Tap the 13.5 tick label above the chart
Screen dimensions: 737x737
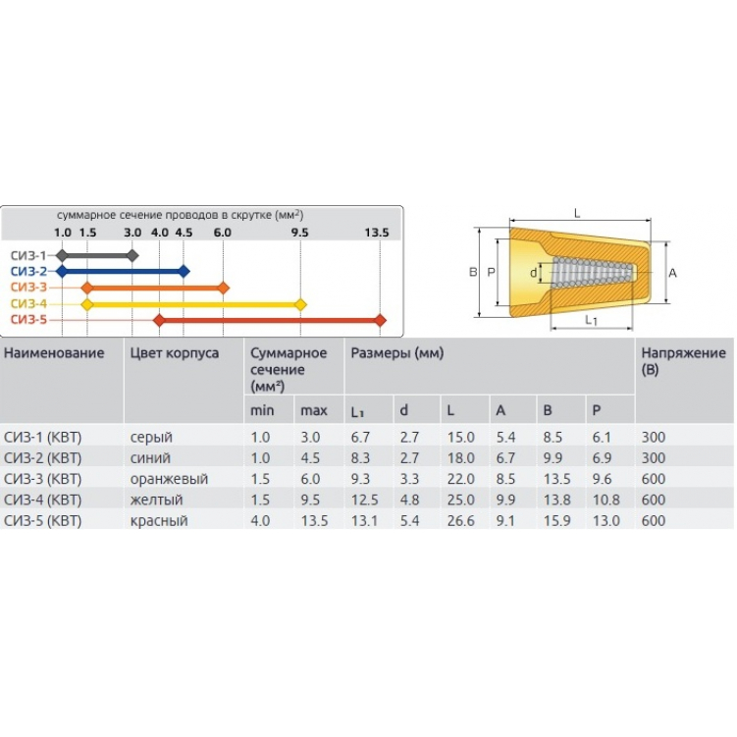point(377,233)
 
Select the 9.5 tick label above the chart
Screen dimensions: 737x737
point(300,233)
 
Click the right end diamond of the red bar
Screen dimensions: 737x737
point(381,320)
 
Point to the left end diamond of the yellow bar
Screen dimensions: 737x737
point(87,304)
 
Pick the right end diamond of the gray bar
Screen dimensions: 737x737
point(133,255)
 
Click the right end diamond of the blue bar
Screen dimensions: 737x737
point(184,271)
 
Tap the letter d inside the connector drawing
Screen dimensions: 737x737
point(533,273)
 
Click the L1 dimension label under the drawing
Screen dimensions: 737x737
point(591,320)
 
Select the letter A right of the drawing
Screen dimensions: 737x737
point(672,273)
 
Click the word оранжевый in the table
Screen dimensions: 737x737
point(169,479)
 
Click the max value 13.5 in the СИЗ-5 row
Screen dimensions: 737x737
point(314,521)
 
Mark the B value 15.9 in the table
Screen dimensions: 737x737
point(555,521)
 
